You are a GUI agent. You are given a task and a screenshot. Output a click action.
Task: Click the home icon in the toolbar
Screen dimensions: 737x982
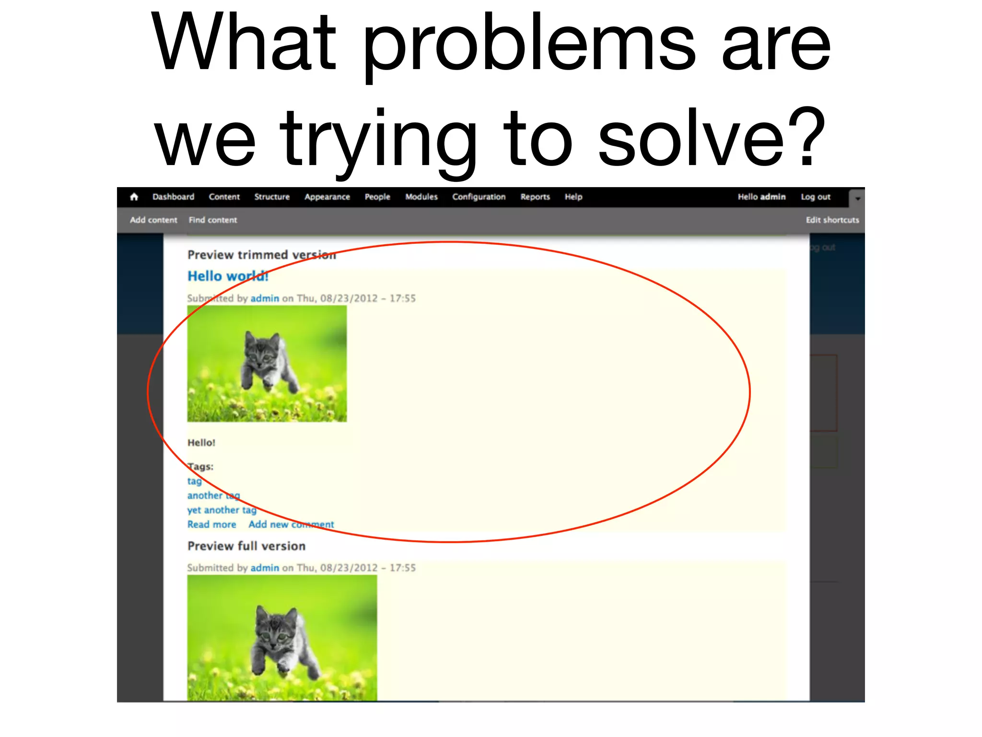pyautogui.click(x=134, y=197)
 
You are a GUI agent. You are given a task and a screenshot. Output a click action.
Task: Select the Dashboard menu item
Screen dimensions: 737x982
pyautogui.click(x=173, y=197)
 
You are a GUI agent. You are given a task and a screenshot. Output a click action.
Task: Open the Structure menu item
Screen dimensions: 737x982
pyautogui.click(x=272, y=197)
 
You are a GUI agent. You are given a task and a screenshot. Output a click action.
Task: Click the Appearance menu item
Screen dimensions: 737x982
pyautogui.click(x=327, y=197)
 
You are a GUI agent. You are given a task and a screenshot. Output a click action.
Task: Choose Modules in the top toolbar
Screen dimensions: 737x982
pyautogui.click(x=421, y=197)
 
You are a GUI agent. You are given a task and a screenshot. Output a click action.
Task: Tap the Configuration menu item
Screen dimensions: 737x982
pyautogui.click(x=479, y=197)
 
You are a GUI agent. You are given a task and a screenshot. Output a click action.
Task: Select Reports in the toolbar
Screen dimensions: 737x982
pyautogui.click(x=535, y=197)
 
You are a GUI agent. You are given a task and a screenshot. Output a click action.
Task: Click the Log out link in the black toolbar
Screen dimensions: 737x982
pyautogui.click(x=815, y=197)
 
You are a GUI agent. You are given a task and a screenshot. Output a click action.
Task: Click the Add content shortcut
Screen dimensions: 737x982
pyautogui.click(x=153, y=220)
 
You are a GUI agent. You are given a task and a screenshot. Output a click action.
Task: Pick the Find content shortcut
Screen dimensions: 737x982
pyautogui.click(x=213, y=220)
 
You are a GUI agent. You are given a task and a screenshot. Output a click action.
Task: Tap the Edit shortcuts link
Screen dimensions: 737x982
pyautogui.click(x=832, y=220)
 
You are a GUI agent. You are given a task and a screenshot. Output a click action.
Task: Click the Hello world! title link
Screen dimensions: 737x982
pyautogui.click(x=228, y=276)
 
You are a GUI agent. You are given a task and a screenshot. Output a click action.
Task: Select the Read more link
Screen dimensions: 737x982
pyautogui.click(x=211, y=524)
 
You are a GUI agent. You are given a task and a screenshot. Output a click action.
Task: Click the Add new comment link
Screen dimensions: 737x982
pyautogui.click(x=291, y=524)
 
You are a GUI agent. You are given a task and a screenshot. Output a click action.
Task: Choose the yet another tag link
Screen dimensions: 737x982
pyautogui.click(x=222, y=510)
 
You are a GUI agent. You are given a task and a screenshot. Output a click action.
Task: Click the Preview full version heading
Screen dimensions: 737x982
pyautogui.click(x=246, y=546)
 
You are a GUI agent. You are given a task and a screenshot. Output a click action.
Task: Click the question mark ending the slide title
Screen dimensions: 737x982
pyautogui.click(x=806, y=139)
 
